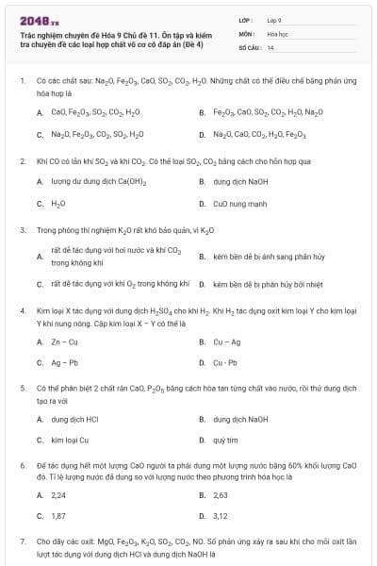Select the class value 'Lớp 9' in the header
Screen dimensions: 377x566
pyautogui.click(x=274, y=20)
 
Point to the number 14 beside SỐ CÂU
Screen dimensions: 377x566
pyautogui.click(x=270, y=46)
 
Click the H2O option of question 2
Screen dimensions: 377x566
pyautogui.click(x=58, y=203)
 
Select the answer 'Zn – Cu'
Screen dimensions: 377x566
pyautogui.click(x=64, y=341)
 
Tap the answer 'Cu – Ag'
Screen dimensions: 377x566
pyautogui.click(x=226, y=341)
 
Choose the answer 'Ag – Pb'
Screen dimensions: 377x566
pyautogui.click(x=64, y=362)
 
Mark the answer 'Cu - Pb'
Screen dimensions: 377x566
pyautogui.click(x=225, y=362)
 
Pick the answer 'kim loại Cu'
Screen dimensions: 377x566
pyautogui.click(x=70, y=440)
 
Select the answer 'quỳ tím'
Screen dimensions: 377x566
pyautogui.click(x=225, y=440)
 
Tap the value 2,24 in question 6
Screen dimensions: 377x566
pyautogui.click(x=58, y=494)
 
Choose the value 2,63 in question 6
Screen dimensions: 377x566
pyautogui.click(x=221, y=494)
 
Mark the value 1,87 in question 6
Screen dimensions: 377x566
pyautogui.click(x=58, y=516)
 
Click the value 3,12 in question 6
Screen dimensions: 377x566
pyautogui.click(x=221, y=516)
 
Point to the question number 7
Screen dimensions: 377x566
pyautogui.click(x=22, y=543)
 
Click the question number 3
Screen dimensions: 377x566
pyautogui.click(x=22, y=229)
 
